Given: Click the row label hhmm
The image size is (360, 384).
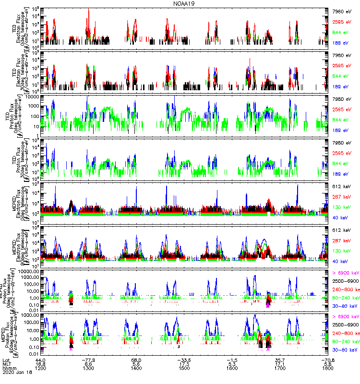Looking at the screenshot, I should (x=9, y=370).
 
